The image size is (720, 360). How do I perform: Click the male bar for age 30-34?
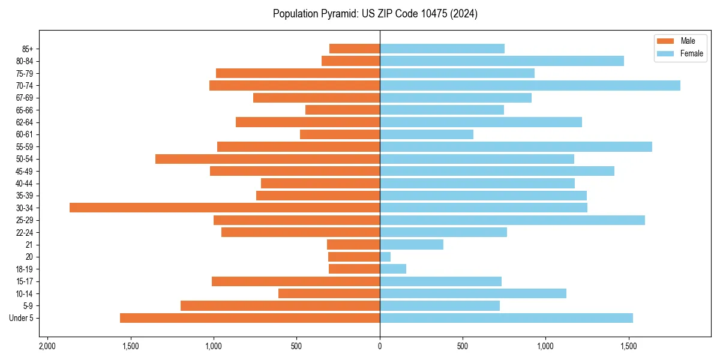(224, 208)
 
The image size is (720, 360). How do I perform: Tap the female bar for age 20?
(385, 257)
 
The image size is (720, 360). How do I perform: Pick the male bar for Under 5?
(250, 318)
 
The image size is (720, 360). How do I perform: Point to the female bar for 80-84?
(502, 61)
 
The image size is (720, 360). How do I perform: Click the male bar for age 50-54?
(268, 159)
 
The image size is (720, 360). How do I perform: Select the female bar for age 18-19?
(393, 269)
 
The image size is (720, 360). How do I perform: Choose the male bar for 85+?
(355, 49)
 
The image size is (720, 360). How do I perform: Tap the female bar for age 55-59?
(516, 146)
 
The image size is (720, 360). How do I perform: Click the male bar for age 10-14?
(329, 293)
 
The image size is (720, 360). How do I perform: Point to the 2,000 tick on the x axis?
(47, 347)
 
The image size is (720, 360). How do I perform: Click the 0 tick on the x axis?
(380, 347)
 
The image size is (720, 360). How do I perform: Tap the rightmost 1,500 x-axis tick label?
(628, 347)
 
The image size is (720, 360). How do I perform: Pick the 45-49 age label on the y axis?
(25, 171)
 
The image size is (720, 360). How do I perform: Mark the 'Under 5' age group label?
(22, 318)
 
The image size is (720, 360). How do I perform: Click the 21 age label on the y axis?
(29, 245)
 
